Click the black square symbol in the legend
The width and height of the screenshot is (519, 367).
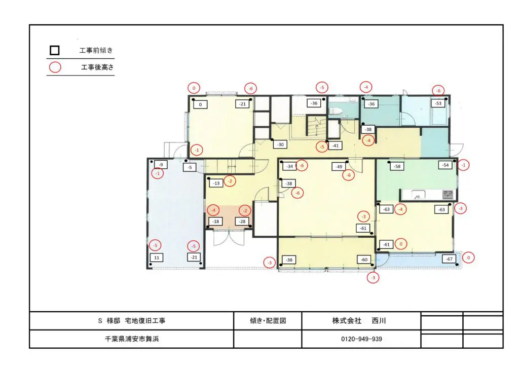pos(55,50)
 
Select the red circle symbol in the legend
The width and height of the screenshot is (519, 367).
pos(55,67)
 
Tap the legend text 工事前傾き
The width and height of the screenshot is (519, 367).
pos(96,50)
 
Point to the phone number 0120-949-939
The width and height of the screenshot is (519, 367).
pos(361,339)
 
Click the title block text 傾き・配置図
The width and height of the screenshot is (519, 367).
pos(268,321)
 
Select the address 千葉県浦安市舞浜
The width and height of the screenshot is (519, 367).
pos(132,339)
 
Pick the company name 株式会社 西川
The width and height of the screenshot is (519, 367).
pos(359,321)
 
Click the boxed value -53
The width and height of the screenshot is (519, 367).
pos(438,103)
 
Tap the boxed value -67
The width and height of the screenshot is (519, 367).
pos(449,259)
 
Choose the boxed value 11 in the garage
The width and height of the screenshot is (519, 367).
pos(157,258)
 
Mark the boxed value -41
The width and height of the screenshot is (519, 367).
pos(336,145)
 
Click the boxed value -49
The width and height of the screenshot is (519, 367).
pos(339,166)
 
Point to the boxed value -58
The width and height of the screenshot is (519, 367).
pos(397,166)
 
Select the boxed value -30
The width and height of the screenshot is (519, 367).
pos(280,144)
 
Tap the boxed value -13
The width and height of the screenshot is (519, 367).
pos(216,183)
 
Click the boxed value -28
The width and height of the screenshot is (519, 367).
pos(242,222)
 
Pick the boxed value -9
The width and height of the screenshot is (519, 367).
pos(161,164)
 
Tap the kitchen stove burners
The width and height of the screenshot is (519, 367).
pos(448,194)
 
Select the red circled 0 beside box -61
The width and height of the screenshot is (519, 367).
pos(401,244)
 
